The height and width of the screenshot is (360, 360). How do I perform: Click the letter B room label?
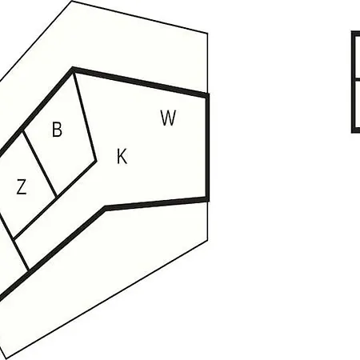point(57,130)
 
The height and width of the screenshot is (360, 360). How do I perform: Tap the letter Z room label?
point(22,186)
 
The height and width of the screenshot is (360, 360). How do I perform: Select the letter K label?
point(122,156)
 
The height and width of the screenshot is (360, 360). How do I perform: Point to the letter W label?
point(168,118)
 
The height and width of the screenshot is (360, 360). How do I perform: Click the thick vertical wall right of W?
point(207,147)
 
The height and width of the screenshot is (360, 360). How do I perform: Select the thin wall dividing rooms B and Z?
point(39,164)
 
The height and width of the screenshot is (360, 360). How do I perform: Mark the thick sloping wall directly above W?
point(141,82)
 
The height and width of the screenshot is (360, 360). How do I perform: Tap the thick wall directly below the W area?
point(157,203)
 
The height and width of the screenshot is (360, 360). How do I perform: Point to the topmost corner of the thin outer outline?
point(72,1)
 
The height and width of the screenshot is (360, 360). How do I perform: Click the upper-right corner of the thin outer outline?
point(207,34)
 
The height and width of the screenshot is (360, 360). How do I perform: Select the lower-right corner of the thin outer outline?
point(207,241)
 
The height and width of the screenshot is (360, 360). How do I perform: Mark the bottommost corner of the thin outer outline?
point(6,358)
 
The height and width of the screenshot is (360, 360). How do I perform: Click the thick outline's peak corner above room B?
point(73,70)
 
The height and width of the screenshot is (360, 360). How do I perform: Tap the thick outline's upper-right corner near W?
point(207,95)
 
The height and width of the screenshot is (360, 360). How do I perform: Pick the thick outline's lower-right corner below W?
point(207,199)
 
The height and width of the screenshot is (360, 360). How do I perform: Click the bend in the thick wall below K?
point(106,208)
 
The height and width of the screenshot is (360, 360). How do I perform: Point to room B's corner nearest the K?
point(96,161)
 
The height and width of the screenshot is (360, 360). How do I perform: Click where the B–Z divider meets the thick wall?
point(23,130)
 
